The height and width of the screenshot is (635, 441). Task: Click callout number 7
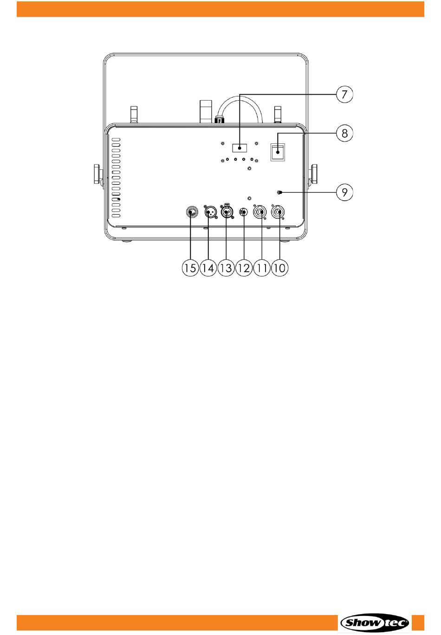coord(344,95)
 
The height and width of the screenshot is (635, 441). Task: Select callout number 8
coord(344,134)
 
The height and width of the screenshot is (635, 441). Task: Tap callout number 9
coord(344,192)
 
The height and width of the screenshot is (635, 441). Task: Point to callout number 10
coord(279,268)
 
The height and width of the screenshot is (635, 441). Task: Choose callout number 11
coord(262,268)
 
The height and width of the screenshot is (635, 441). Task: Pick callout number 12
coord(244,268)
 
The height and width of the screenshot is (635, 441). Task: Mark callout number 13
coord(226,268)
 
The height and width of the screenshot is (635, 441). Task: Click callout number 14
coord(208,268)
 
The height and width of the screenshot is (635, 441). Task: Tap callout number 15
coord(190,268)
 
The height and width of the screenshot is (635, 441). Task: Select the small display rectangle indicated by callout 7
coord(240,148)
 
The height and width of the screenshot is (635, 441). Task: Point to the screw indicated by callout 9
coord(279,192)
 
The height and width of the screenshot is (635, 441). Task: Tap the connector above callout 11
coord(260,212)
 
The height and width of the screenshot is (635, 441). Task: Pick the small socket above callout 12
coord(243,212)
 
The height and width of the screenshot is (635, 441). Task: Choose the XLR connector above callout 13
coord(227,212)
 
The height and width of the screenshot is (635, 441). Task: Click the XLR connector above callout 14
coord(209,212)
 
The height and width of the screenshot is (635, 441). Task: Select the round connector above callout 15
coord(190,212)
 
